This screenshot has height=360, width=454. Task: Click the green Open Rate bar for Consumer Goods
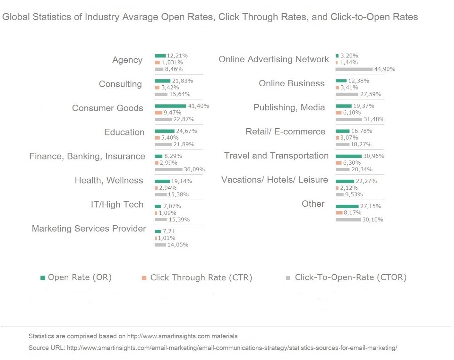(x=170, y=106)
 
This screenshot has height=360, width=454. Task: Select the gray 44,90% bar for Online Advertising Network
(x=354, y=69)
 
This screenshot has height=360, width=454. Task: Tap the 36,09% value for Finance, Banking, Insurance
(x=194, y=170)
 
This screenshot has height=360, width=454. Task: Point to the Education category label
(x=124, y=132)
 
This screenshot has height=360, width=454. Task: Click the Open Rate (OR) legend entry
(x=79, y=277)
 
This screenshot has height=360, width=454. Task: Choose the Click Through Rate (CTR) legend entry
(x=201, y=278)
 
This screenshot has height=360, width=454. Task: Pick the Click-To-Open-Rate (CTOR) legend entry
(x=350, y=277)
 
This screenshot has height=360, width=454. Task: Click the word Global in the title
(x=16, y=17)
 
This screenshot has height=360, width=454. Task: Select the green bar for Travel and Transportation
(x=348, y=156)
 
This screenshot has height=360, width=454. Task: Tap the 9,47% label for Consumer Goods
(x=172, y=113)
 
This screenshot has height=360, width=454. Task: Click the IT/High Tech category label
(x=117, y=204)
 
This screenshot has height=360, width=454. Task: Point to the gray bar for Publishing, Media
(x=349, y=119)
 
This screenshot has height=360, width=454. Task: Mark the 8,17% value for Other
(x=353, y=213)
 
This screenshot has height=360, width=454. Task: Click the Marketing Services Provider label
(x=89, y=229)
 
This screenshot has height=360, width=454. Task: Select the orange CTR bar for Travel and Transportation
(x=338, y=163)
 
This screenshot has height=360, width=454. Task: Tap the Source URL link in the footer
(x=232, y=348)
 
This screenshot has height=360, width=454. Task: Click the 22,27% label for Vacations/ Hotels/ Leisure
(x=366, y=181)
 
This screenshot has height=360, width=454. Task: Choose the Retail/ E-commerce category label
(x=285, y=132)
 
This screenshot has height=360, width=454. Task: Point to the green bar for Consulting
(x=162, y=81)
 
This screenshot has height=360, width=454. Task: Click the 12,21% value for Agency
(x=177, y=56)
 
